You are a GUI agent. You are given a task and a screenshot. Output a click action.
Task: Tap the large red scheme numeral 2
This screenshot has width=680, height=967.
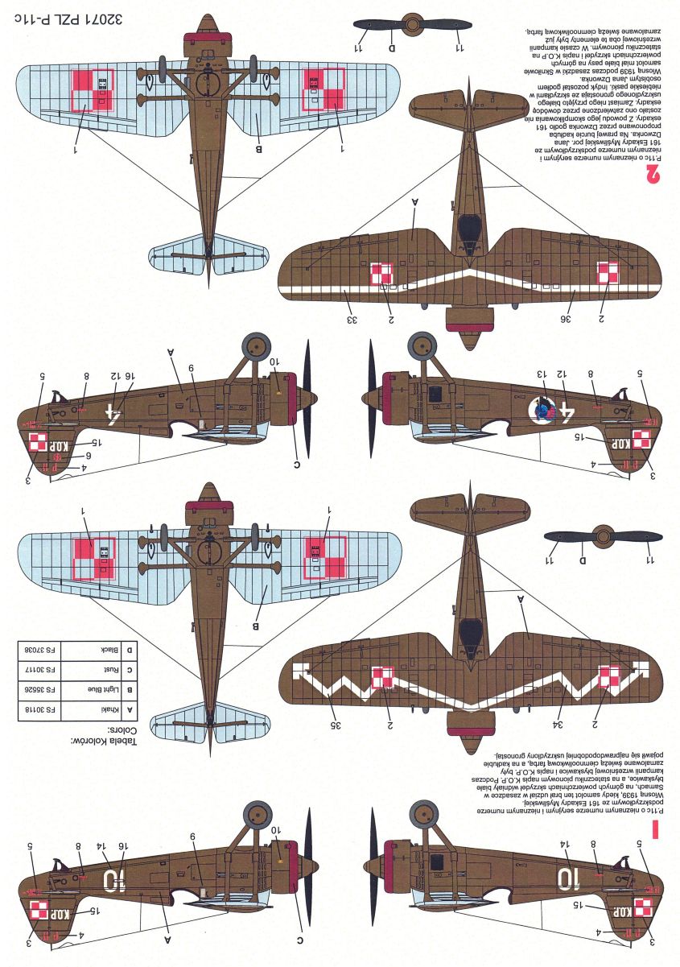(x=653, y=172)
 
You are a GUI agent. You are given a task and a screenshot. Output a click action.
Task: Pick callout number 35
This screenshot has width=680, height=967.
(x=335, y=725)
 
